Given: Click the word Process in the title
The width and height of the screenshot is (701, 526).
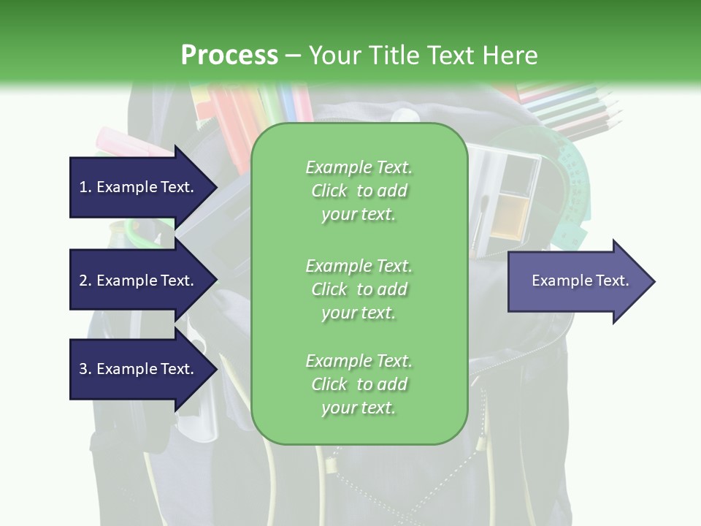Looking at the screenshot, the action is click(229, 55).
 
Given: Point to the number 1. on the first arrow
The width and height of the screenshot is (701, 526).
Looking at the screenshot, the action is click(85, 187).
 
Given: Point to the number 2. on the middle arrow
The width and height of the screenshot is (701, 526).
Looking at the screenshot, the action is click(85, 281).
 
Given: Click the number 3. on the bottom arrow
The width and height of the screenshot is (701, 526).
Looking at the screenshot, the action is click(85, 369).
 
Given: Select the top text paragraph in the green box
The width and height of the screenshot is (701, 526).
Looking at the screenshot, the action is click(359, 191).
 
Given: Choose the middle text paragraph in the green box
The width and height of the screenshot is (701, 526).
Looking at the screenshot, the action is click(359, 289).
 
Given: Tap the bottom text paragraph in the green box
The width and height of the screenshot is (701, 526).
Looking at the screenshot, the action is click(359, 384).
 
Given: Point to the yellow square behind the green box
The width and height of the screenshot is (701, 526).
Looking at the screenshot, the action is click(510, 216).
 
